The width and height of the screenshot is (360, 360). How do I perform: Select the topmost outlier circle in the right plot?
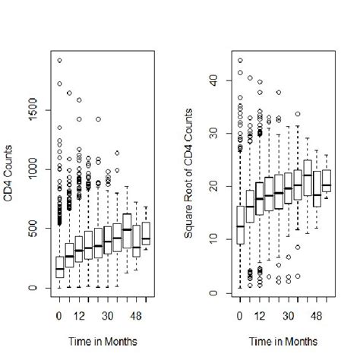click(x=240, y=61)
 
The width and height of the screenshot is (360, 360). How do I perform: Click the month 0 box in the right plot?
click(x=240, y=225)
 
